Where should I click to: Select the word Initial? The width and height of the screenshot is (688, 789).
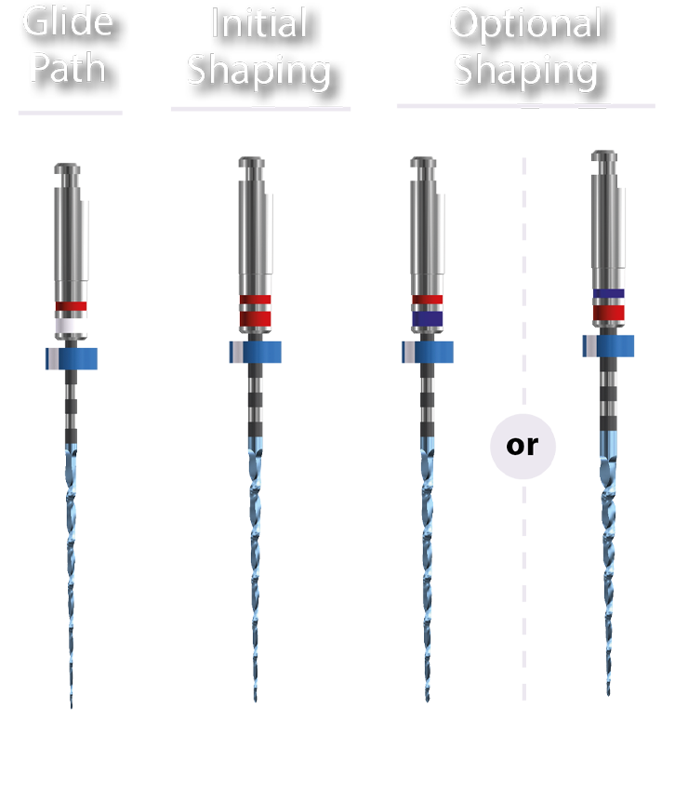[x=258, y=23]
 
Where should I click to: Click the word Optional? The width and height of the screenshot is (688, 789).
[x=525, y=23]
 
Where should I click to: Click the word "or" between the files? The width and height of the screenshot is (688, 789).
[x=522, y=446]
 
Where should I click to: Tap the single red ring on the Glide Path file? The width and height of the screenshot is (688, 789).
[x=72, y=305]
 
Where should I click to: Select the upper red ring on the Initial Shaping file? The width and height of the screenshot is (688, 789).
[x=254, y=300]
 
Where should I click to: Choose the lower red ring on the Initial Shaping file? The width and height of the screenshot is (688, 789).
[x=254, y=319]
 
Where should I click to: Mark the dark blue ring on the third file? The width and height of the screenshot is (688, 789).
[x=427, y=319]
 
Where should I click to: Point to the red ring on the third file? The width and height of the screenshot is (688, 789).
[x=427, y=300]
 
